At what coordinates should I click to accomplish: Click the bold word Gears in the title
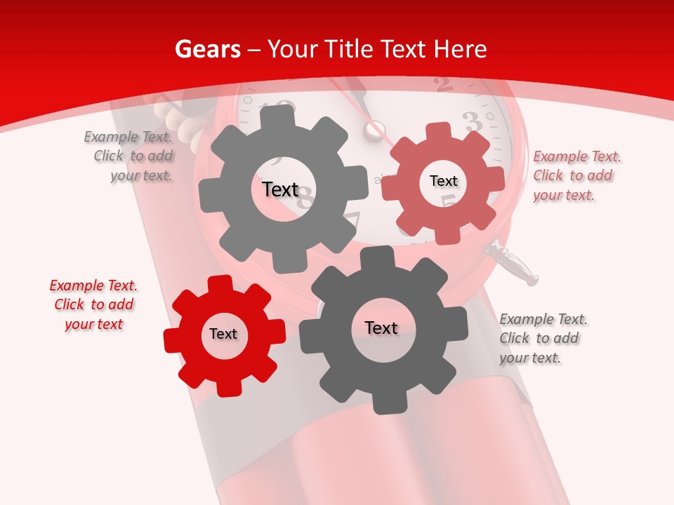click(x=208, y=49)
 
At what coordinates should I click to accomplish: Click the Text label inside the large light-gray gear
click(x=280, y=189)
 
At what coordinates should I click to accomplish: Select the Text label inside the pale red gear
click(x=444, y=181)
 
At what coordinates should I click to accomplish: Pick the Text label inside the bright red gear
click(x=223, y=334)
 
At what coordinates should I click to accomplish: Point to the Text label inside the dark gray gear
click(x=381, y=328)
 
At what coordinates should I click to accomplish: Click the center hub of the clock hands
click(x=374, y=130)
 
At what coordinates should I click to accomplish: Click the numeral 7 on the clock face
click(x=351, y=221)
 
